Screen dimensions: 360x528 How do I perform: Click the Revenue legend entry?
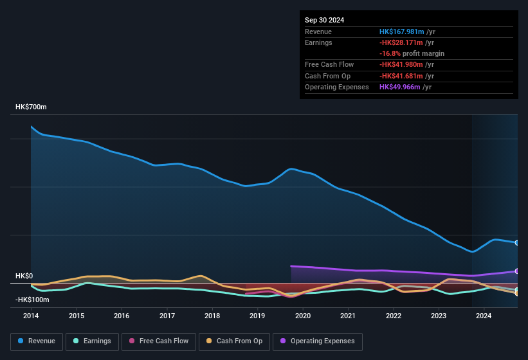(37, 341)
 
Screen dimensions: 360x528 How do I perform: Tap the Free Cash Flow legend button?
(159, 341)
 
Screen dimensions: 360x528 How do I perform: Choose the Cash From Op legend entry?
(235, 341)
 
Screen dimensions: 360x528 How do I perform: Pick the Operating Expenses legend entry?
(318, 341)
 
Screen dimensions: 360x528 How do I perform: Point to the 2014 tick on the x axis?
(31, 316)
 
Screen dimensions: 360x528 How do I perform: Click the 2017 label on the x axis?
(167, 316)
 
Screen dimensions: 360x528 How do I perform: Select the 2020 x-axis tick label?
(303, 316)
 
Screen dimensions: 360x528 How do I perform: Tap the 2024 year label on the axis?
(484, 316)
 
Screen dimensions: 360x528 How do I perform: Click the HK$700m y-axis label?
(31, 107)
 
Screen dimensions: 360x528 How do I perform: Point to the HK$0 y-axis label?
(24, 276)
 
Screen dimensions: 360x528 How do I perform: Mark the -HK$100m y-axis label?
(32, 300)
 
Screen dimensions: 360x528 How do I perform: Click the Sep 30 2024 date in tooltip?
(324, 20)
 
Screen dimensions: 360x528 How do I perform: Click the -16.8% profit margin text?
(412, 53)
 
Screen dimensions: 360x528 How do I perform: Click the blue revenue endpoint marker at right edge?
(517, 242)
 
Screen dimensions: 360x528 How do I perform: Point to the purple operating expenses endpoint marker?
(517, 271)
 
